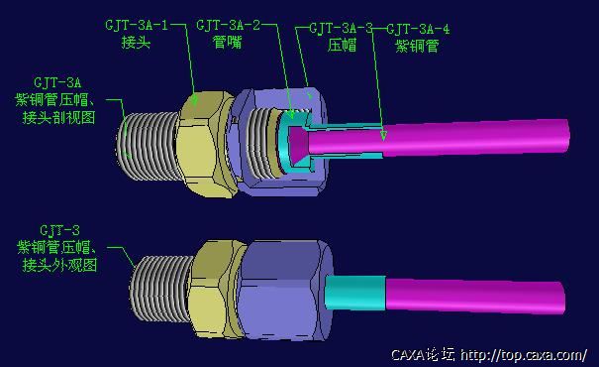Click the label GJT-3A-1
[x=137, y=25]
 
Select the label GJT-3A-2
[x=228, y=25]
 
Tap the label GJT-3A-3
[x=341, y=29]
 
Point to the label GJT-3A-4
[x=418, y=29]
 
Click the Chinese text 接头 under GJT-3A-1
[x=136, y=42]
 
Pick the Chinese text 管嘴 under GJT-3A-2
[x=228, y=42]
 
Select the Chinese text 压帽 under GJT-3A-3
[x=342, y=45]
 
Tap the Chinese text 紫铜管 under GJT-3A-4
[x=417, y=46]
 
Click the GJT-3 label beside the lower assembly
[x=59, y=230]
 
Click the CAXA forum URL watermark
[x=489, y=355]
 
